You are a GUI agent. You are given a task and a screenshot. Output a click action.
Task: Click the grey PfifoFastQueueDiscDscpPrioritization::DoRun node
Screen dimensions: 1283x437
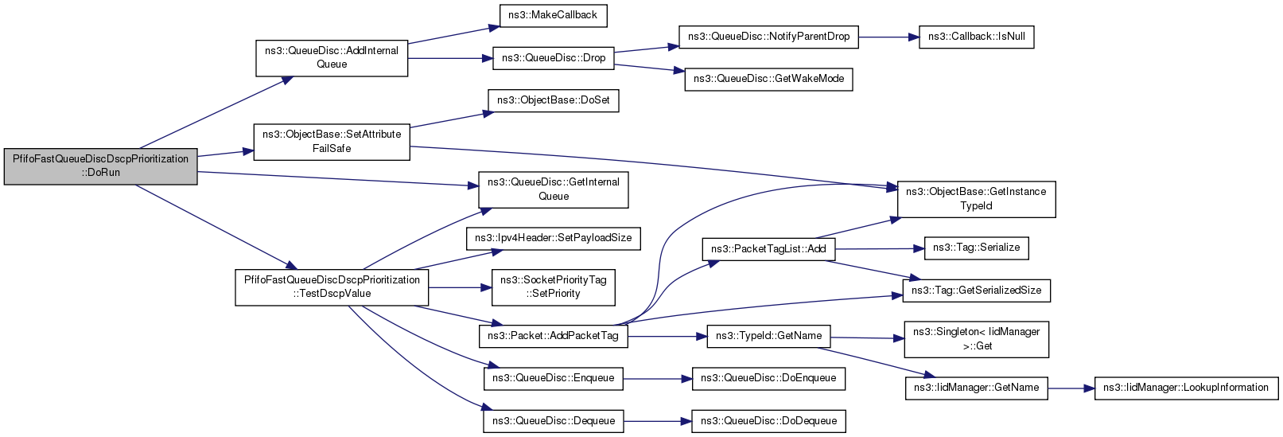click(x=101, y=166)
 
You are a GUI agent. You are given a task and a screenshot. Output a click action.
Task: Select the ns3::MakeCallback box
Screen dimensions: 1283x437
click(x=553, y=15)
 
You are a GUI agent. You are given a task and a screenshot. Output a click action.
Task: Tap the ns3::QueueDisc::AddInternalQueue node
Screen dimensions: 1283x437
click(x=332, y=58)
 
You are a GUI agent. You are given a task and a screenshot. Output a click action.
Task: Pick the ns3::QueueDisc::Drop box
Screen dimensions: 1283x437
click(x=554, y=58)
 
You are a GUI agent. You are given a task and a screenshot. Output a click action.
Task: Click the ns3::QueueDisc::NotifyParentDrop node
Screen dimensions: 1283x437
click(x=768, y=37)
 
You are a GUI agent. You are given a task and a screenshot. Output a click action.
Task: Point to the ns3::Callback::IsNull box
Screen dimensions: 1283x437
click(x=977, y=37)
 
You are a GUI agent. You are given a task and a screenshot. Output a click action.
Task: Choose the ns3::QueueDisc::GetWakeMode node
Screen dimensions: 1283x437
click(x=768, y=79)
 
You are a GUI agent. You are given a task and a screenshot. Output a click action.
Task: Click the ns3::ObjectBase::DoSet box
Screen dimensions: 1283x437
click(x=554, y=100)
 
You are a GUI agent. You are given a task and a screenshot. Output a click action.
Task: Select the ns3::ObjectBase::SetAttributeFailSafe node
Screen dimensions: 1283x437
click(x=332, y=142)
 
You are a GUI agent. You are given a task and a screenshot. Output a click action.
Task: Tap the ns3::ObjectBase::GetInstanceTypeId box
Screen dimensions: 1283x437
click(x=977, y=199)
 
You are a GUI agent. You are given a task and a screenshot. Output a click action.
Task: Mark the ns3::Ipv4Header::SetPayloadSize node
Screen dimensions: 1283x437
click(x=554, y=238)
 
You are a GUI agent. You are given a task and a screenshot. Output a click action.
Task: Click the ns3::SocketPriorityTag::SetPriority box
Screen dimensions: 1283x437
click(x=554, y=287)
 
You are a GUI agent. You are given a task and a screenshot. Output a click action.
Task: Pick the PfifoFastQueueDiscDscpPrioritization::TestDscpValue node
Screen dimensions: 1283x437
click(x=332, y=287)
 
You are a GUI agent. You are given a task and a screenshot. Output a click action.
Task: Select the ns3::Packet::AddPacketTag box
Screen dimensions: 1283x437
click(x=554, y=336)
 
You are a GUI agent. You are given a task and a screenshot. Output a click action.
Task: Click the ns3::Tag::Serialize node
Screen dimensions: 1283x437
click(x=977, y=248)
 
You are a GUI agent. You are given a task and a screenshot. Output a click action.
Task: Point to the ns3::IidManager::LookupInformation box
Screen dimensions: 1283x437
click(x=1186, y=388)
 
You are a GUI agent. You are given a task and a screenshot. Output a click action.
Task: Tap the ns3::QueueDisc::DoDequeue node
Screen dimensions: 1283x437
click(x=768, y=421)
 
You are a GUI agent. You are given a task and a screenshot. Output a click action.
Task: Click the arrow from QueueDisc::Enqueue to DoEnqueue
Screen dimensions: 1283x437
click(x=658, y=379)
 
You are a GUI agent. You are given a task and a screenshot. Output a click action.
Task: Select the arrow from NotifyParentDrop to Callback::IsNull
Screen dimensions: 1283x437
click(x=889, y=37)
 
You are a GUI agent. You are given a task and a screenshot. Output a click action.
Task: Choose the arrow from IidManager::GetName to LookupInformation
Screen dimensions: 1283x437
click(x=1071, y=388)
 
